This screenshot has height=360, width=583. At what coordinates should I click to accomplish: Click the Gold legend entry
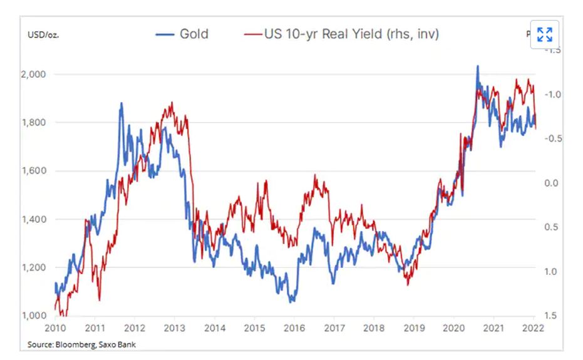coord(182,34)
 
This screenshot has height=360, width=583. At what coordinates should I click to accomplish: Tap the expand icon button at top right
coord(545,34)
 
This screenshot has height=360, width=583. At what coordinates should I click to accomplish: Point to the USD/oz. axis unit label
coord(43,34)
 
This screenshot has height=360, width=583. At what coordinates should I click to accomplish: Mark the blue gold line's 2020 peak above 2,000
coord(478,66)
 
